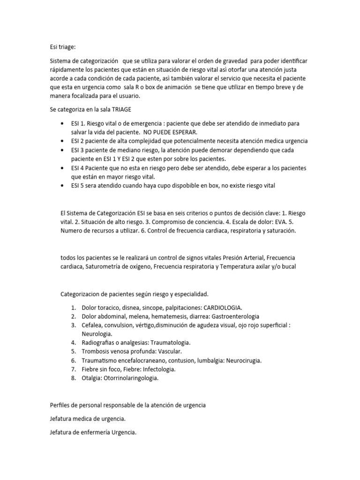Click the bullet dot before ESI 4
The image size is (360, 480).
point(63,168)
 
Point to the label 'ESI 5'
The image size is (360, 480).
point(78,186)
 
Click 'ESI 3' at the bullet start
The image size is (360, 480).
point(78,150)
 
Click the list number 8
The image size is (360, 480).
point(74,378)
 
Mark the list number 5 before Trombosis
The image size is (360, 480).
point(74,352)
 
